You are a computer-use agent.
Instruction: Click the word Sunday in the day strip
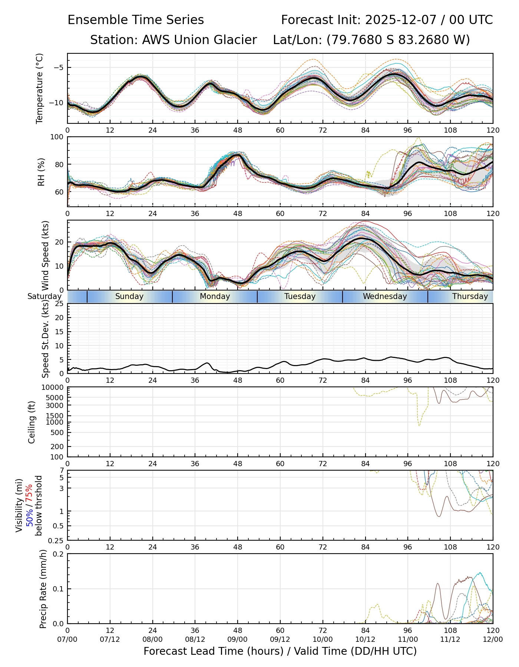(129, 296)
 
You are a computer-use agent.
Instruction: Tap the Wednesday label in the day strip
(385, 296)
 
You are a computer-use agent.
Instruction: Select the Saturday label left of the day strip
(44, 296)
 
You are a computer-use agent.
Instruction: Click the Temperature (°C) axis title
(40, 88)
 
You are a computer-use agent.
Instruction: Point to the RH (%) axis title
(41, 172)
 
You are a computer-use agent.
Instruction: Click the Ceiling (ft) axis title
(32, 422)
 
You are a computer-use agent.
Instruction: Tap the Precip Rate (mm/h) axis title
(43, 588)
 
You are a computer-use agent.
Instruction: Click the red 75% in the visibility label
(29, 494)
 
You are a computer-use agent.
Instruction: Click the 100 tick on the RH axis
(57, 137)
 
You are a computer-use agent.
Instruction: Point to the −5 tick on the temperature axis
(59, 67)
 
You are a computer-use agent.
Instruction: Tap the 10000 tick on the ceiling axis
(53, 388)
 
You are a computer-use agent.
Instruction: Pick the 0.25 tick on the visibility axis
(56, 540)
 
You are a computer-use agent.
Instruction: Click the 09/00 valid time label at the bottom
(238, 639)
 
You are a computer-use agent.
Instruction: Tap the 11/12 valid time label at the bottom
(450, 639)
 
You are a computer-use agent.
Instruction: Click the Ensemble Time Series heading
(136, 20)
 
